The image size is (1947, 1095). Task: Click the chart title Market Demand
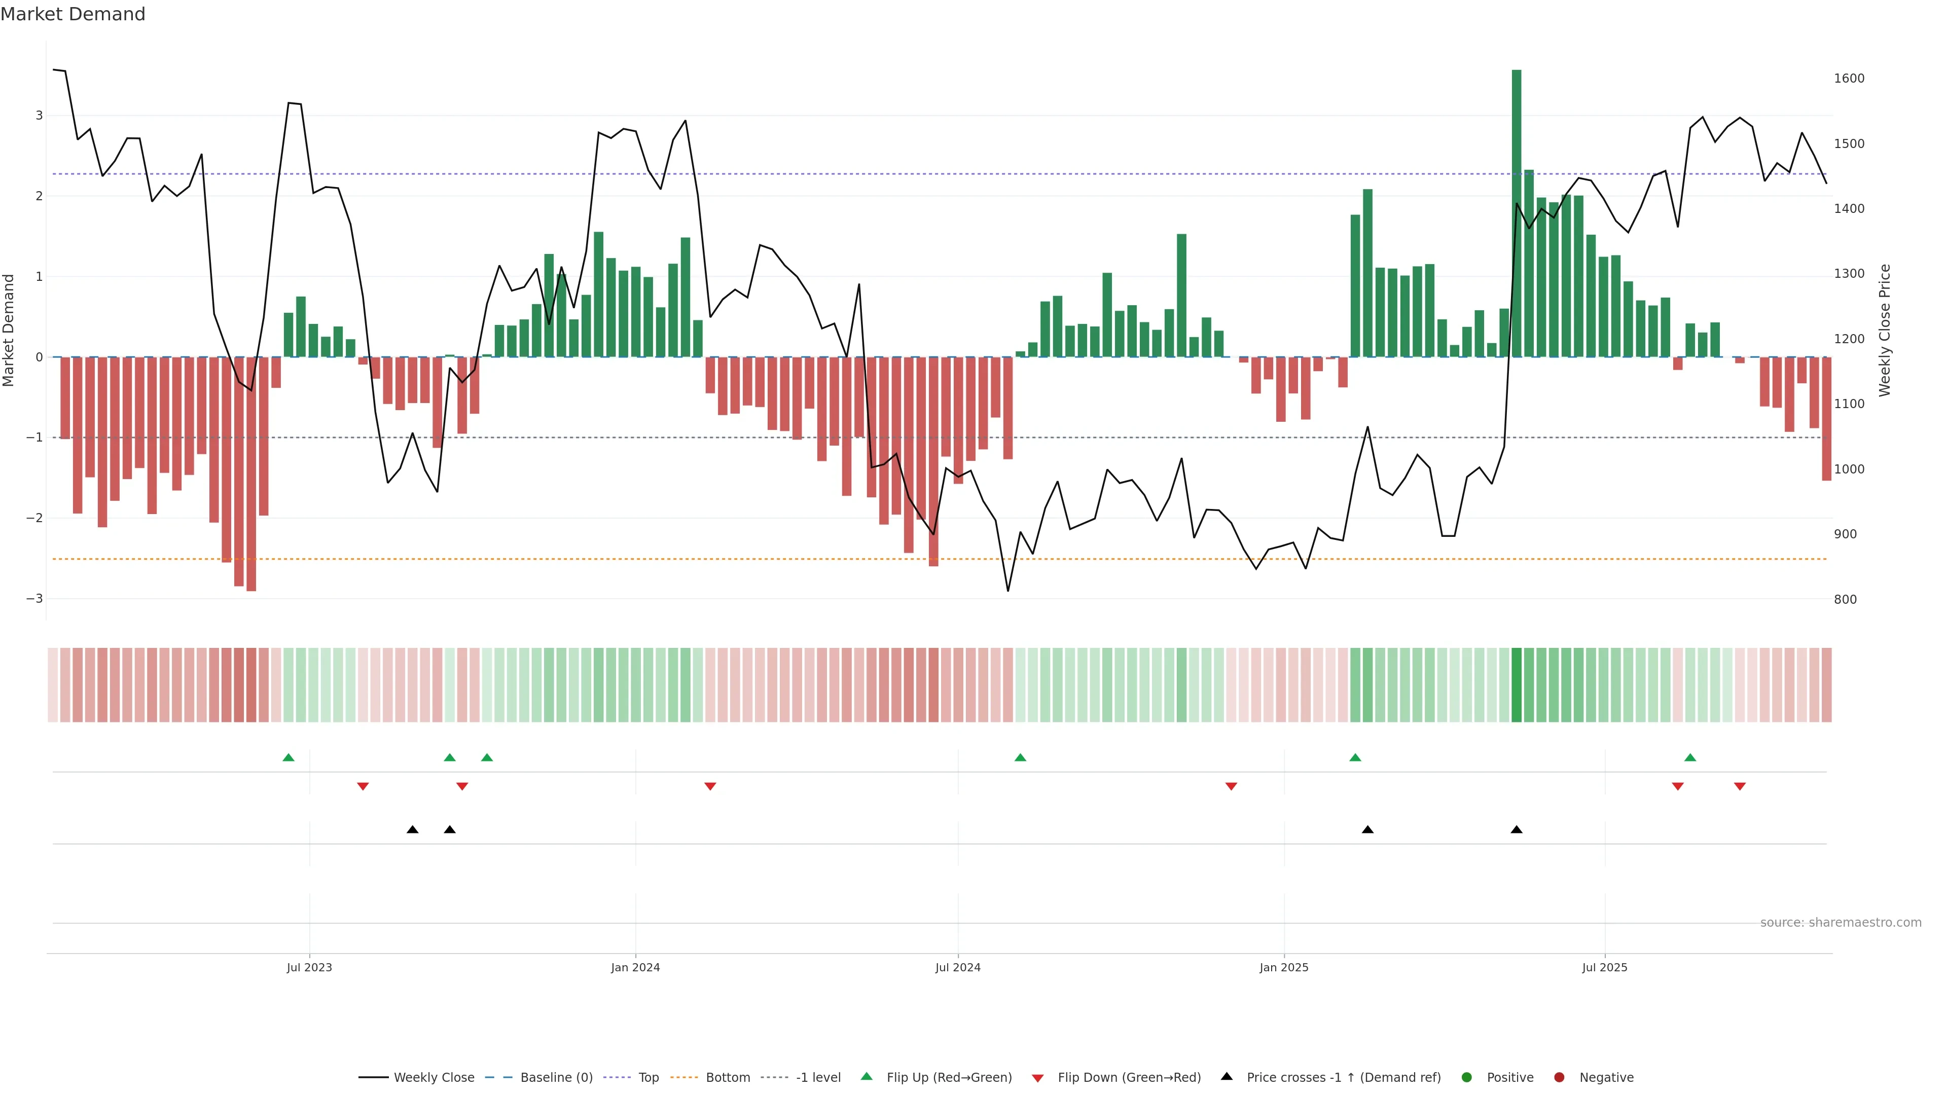point(73,14)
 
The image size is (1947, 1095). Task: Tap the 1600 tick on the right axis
point(1849,79)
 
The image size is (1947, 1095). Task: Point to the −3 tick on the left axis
point(35,599)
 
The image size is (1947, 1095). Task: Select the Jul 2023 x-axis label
point(309,967)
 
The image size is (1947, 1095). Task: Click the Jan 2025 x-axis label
point(1283,967)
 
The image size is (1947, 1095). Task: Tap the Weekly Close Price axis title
point(1884,330)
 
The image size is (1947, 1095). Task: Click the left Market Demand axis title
point(9,330)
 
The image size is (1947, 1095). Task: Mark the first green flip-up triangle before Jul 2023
point(288,757)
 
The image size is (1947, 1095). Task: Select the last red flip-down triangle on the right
point(1739,787)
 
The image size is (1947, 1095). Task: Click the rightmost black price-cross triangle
point(1516,830)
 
